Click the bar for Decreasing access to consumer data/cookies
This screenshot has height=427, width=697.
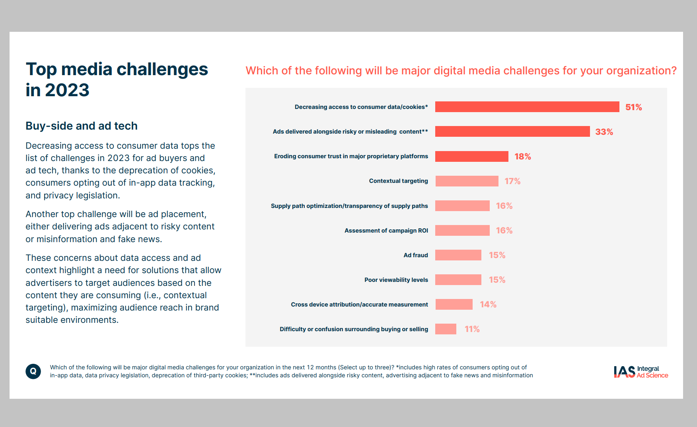point(527,107)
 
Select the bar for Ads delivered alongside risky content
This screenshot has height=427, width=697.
point(512,132)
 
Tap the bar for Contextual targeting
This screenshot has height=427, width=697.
point(467,181)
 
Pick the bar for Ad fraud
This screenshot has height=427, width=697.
point(458,255)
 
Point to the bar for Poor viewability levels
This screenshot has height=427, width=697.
point(458,280)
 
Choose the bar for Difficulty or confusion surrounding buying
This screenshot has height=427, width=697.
point(446,329)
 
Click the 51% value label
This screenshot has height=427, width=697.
point(633,107)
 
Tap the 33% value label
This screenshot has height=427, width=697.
point(604,132)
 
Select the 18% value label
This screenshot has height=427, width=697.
point(523,157)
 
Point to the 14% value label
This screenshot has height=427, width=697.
point(488,305)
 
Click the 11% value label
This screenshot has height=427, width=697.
point(472,329)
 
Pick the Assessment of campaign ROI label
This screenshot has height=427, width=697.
point(386,231)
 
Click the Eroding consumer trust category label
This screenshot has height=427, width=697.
point(351,156)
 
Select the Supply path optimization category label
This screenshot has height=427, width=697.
point(349,206)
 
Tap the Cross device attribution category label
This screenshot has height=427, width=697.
point(359,305)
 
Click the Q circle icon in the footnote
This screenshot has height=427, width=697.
point(33,371)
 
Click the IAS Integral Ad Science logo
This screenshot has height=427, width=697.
point(641,372)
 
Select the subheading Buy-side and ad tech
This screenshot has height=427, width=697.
point(82,126)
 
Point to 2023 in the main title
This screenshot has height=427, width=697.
point(67,90)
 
